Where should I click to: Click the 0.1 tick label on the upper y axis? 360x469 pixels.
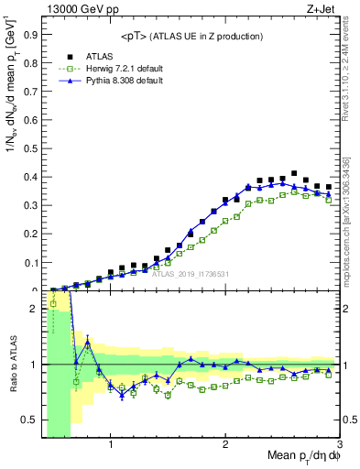point(32,263)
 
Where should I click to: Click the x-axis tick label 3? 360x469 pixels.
point(340,446)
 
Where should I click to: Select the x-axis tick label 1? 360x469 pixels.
point(111,446)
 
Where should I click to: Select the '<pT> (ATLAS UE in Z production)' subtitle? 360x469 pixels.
point(191,36)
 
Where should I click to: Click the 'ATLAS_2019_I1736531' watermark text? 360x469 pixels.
point(191,273)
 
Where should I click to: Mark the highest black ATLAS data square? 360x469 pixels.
point(294,173)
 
